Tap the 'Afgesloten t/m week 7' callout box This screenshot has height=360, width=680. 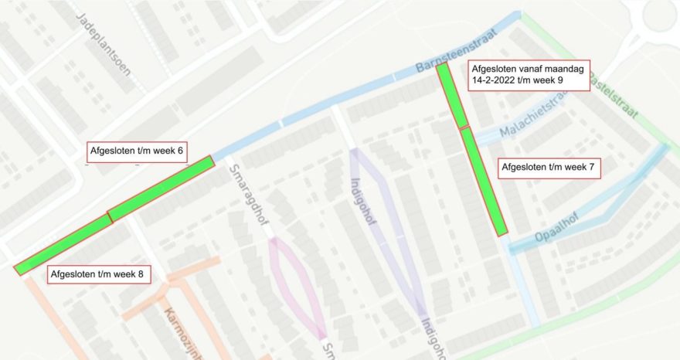pos(549,168)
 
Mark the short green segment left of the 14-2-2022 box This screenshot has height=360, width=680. pos(452,95)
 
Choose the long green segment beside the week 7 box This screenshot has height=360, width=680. pos(484,181)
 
